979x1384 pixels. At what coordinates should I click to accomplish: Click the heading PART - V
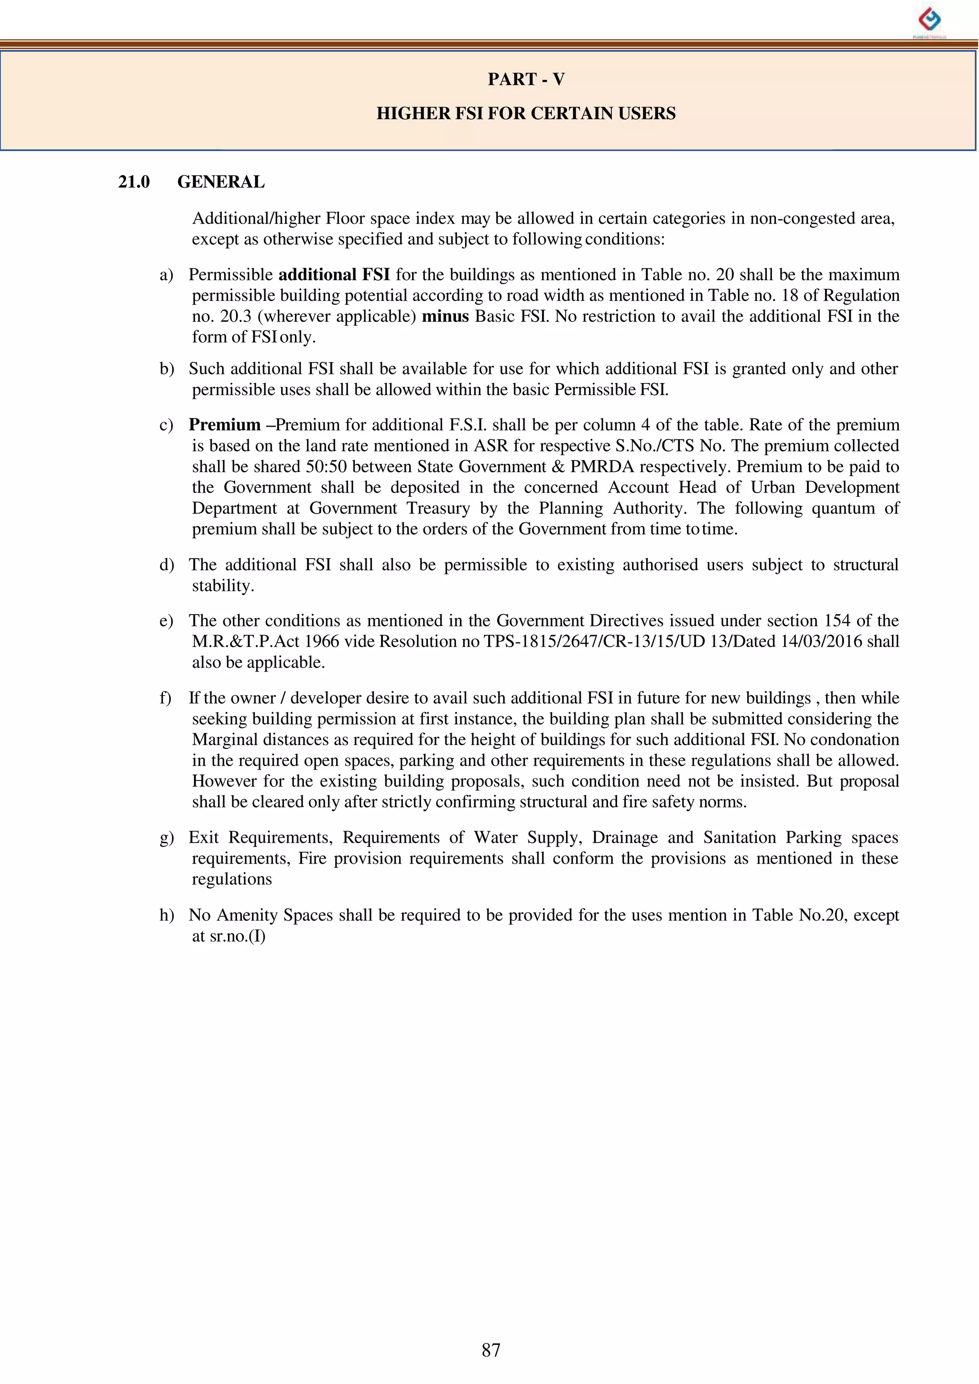(526, 79)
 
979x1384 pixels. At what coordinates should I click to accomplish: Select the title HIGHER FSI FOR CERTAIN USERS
(526, 113)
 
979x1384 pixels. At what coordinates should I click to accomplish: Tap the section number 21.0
(134, 182)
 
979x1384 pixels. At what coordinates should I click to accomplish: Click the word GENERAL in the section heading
(221, 182)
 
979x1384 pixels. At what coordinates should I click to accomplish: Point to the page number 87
(491, 1350)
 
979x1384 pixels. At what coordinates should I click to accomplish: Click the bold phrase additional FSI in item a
(334, 275)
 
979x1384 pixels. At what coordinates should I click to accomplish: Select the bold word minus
(445, 317)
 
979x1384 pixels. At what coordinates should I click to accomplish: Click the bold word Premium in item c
(224, 425)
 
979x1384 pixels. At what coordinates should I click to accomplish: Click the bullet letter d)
(166, 565)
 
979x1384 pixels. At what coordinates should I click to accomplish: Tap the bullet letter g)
(166, 838)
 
